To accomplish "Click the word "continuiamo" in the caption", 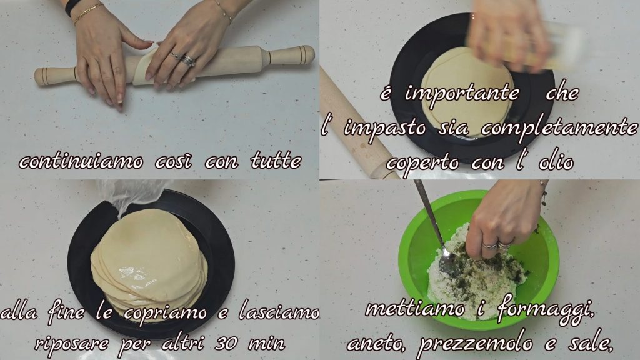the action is click(81, 162).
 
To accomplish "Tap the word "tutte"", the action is click(276, 161).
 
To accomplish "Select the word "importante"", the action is click(462, 94).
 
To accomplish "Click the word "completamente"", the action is click(559, 128).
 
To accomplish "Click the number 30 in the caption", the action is click(226, 343).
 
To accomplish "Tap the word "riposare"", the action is click(72, 344).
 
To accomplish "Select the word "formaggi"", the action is click(545, 311).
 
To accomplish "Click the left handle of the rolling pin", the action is click(56, 76).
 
